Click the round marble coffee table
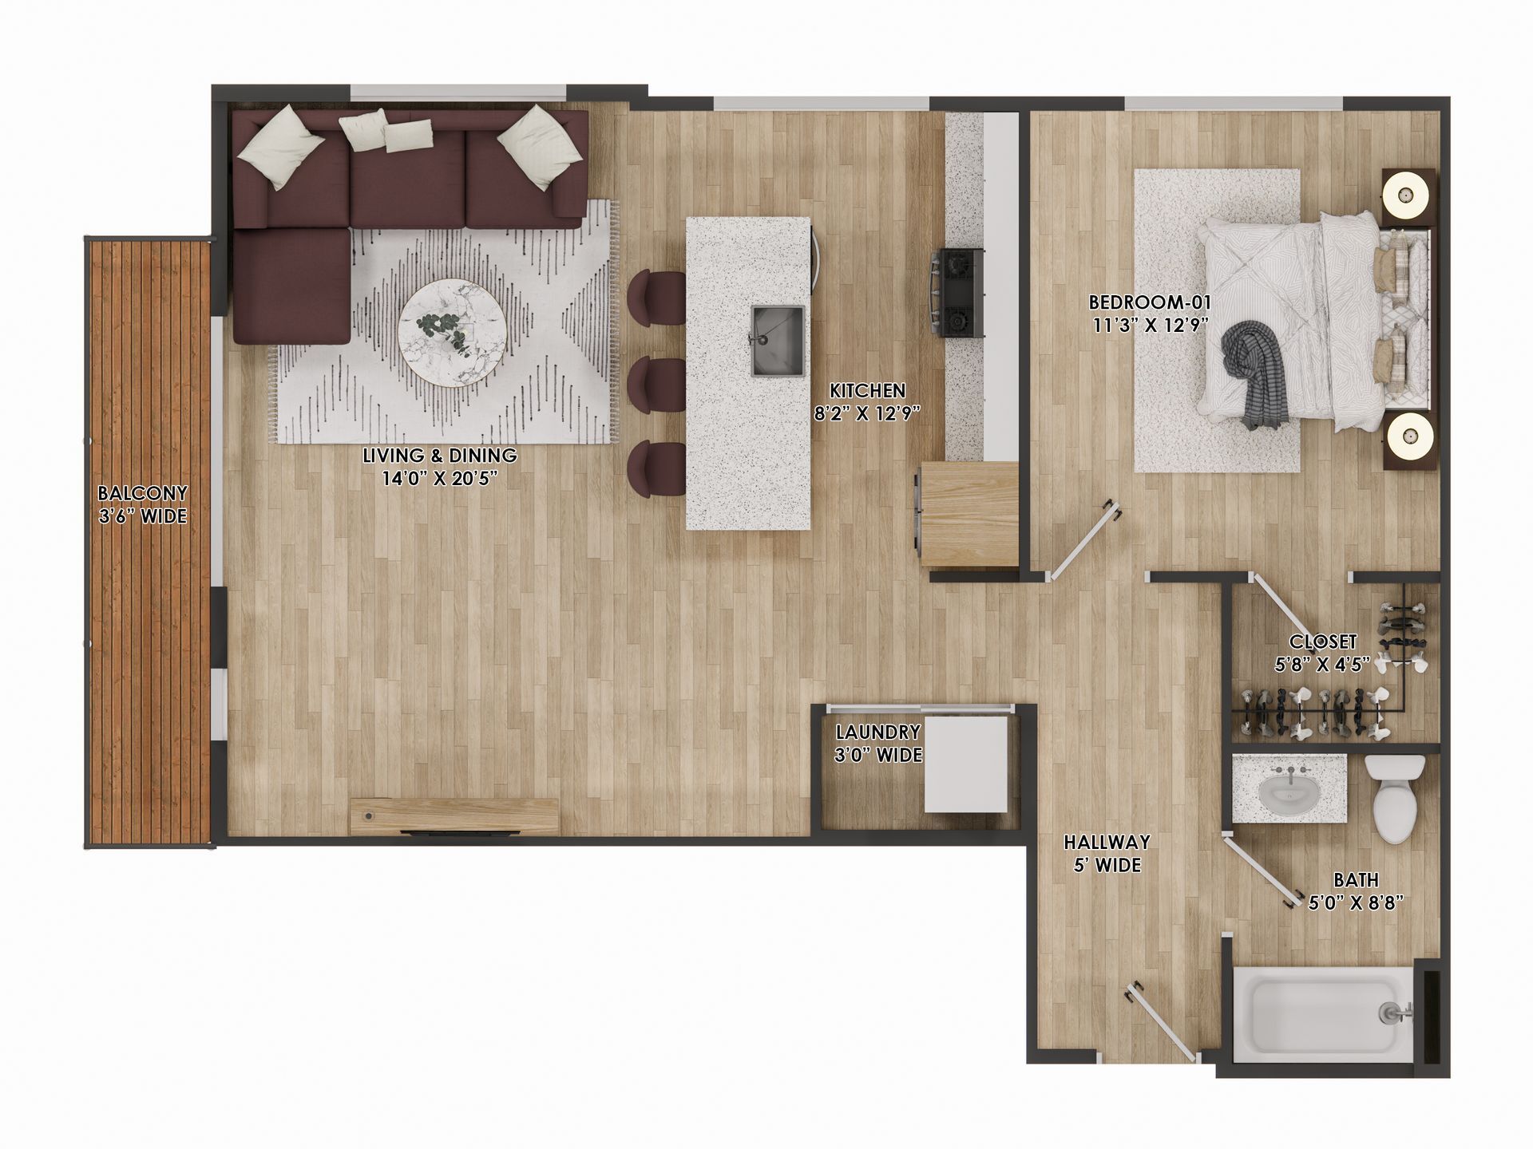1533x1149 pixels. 452,333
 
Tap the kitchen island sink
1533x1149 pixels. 777,340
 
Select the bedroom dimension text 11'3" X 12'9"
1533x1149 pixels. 1150,325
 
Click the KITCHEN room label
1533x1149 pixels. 867,391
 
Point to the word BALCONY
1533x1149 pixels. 142,493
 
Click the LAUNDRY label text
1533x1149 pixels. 877,732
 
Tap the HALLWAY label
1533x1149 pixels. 1107,842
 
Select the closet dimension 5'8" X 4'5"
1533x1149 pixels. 1322,664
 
